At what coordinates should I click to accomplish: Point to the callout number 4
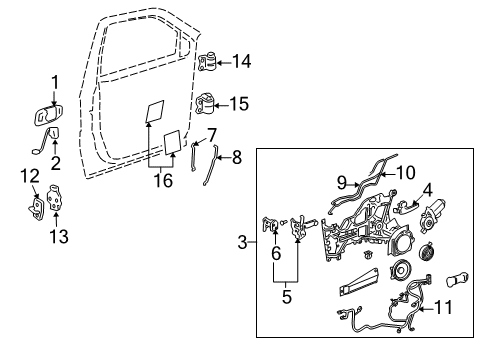pos(426,187)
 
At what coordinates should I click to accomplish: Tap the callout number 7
pos(211,133)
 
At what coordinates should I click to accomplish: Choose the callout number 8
pos(237,157)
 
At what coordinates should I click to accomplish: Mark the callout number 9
pos(341,183)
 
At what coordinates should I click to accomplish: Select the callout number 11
pos(447,307)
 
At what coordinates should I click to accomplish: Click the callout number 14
pos(241,60)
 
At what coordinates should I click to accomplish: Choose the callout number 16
pos(160,181)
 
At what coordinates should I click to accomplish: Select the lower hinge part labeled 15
pos(207,104)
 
